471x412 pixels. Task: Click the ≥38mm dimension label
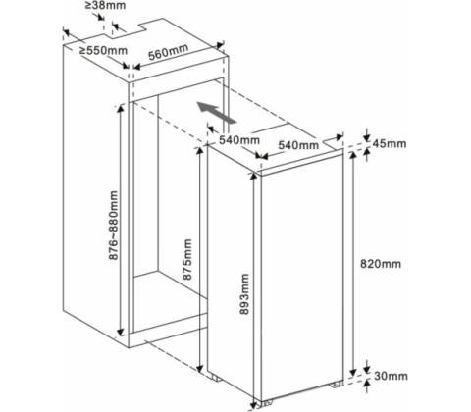(106, 6)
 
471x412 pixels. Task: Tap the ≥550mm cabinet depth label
(104, 51)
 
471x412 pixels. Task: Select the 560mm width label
(169, 52)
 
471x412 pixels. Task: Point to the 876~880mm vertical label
(113, 226)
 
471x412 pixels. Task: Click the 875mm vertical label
(187, 259)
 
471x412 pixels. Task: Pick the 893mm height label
(244, 293)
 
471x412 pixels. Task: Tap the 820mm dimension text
(381, 264)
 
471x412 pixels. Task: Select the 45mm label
(390, 143)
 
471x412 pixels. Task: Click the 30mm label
(392, 376)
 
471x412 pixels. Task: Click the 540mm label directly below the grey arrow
(239, 140)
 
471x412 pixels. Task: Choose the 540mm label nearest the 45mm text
(298, 145)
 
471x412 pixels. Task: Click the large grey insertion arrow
(216, 113)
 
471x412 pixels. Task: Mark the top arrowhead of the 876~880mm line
(121, 108)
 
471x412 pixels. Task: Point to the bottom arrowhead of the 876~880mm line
(121, 333)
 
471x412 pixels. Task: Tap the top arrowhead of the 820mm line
(353, 156)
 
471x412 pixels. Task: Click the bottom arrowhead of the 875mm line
(200, 368)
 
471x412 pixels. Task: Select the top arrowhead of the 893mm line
(253, 177)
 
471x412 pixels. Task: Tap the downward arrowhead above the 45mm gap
(367, 137)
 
